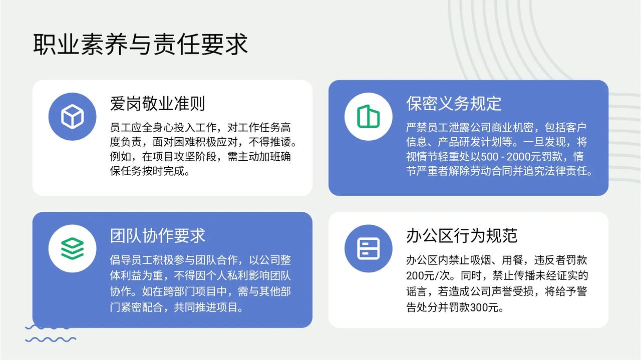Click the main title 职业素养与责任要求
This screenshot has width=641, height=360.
(x=140, y=44)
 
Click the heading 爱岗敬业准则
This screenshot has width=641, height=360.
(x=157, y=104)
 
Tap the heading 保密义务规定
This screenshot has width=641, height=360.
(x=454, y=104)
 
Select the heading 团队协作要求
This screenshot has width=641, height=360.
(x=157, y=236)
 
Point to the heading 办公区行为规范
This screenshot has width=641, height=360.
(x=462, y=236)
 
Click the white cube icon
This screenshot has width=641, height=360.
(x=73, y=117)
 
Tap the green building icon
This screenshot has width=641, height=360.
(x=368, y=117)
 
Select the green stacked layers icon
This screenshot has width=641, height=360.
(x=73, y=248)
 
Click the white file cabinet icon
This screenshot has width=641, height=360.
(x=368, y=248)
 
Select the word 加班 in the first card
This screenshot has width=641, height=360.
(x=259, y=157)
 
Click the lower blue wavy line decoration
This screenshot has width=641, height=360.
(x=51, y=339)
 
